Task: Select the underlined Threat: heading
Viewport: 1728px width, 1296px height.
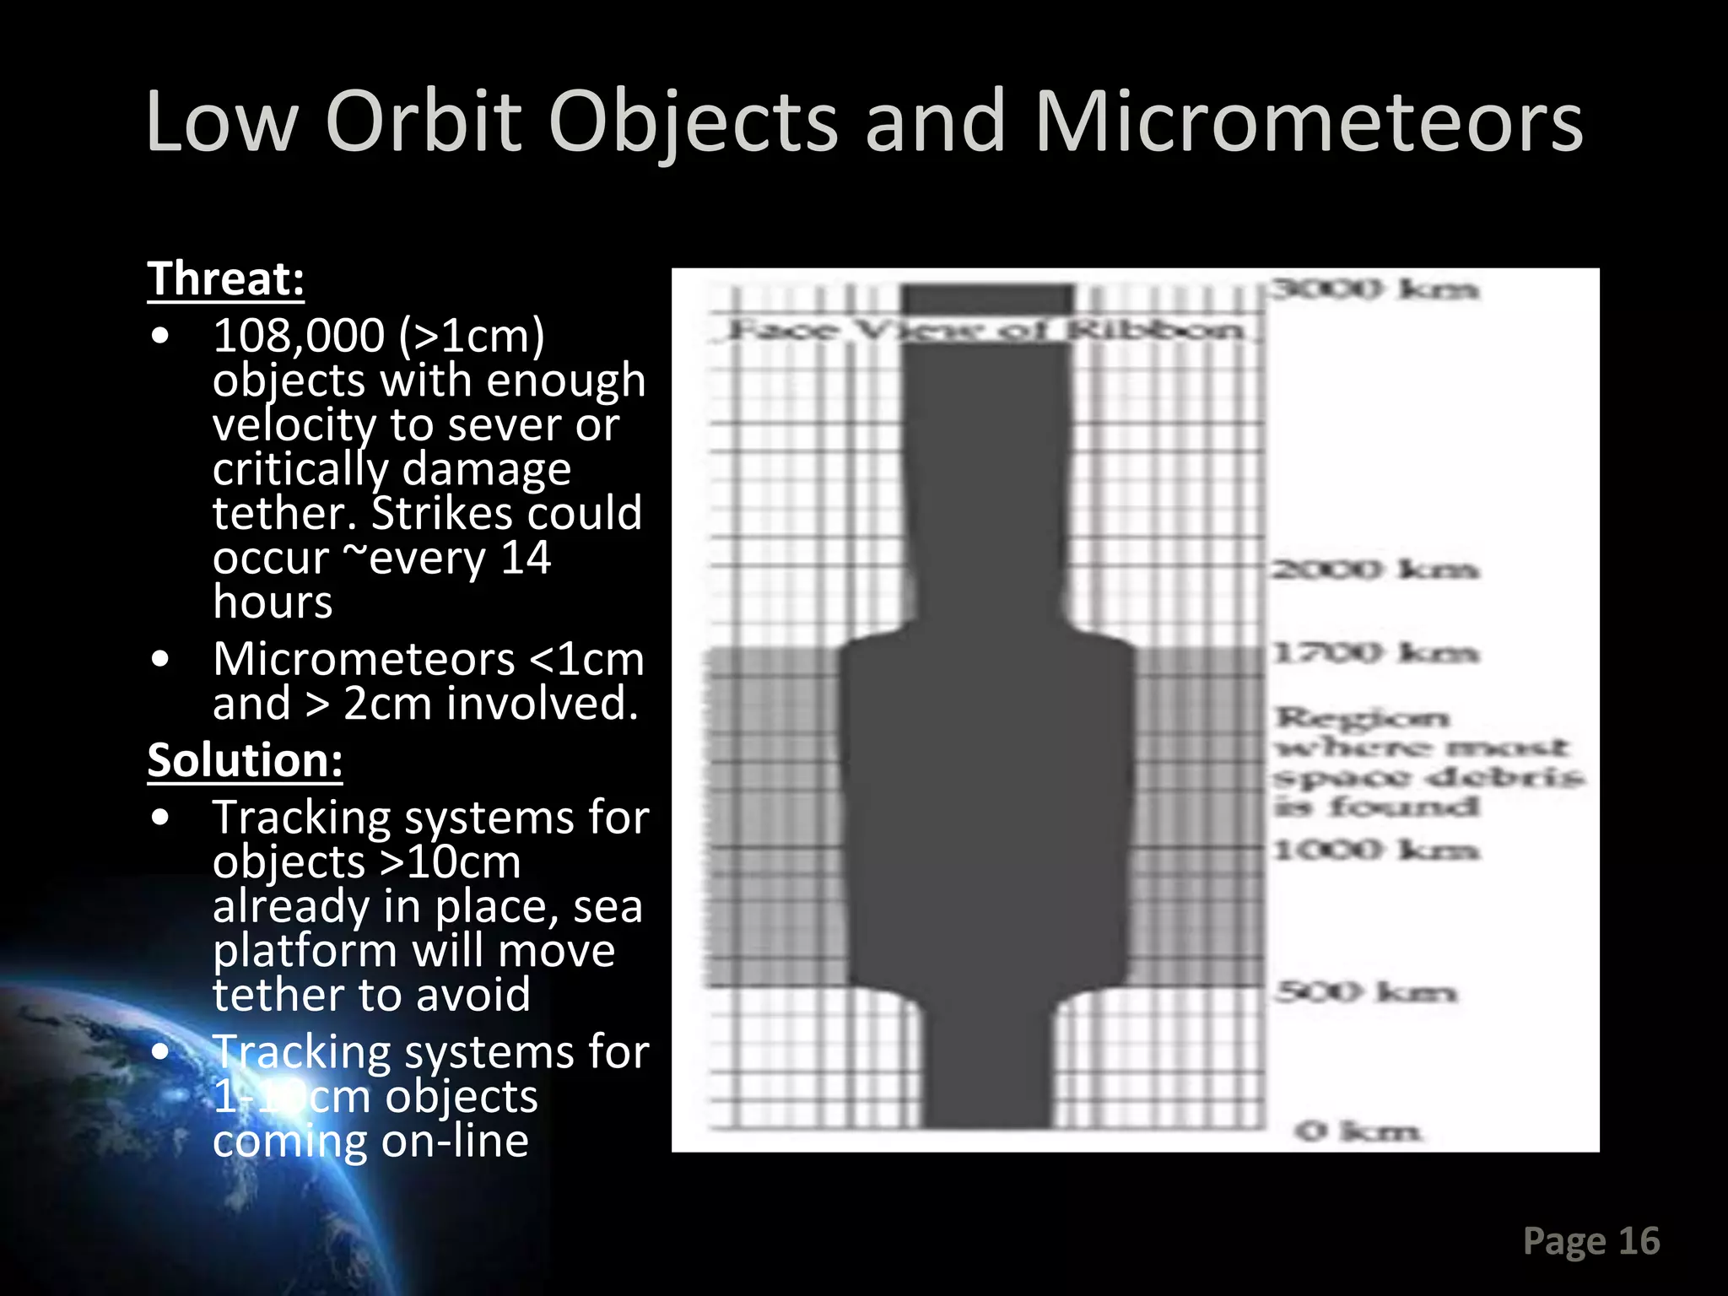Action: [225, 278]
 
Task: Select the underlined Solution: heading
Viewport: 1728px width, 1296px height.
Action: [245, 760]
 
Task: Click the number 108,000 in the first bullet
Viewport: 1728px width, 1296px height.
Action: [299, 336]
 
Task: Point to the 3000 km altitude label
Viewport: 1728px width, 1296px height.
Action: [1374, 289]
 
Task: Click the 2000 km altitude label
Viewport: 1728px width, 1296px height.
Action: [1374, 570]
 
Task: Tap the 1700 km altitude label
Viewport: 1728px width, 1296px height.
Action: [1374, 652]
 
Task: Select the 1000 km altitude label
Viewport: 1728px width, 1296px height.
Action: [1374, 850]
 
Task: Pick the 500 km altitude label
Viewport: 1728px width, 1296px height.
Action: [1364, 991]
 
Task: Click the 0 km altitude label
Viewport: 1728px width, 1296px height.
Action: [1358, 1131]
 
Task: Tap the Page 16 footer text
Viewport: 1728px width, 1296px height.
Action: [1590, 1241]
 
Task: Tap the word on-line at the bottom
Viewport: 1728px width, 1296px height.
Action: [455, 1142]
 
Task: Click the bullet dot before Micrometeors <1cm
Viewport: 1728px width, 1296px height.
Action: [160, 659]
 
